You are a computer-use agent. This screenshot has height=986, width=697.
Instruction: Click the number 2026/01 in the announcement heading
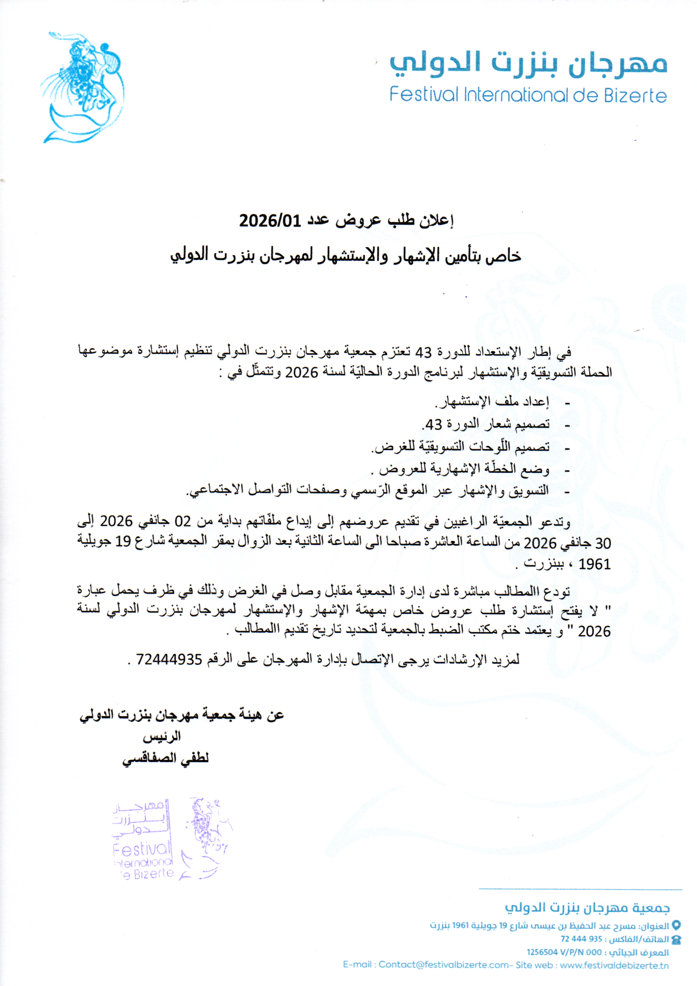point(270,221)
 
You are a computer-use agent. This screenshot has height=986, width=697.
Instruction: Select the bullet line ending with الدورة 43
point(485,425)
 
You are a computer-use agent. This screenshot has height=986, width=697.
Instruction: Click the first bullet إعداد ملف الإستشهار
point(492,402)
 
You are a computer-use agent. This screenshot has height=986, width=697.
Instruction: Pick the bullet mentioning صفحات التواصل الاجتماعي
point(367,490)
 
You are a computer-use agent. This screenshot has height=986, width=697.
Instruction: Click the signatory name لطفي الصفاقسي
point(166,758)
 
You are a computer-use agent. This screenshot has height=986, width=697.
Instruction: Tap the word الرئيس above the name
point(161,737)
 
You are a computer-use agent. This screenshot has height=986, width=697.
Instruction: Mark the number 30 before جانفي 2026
point(603,543)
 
